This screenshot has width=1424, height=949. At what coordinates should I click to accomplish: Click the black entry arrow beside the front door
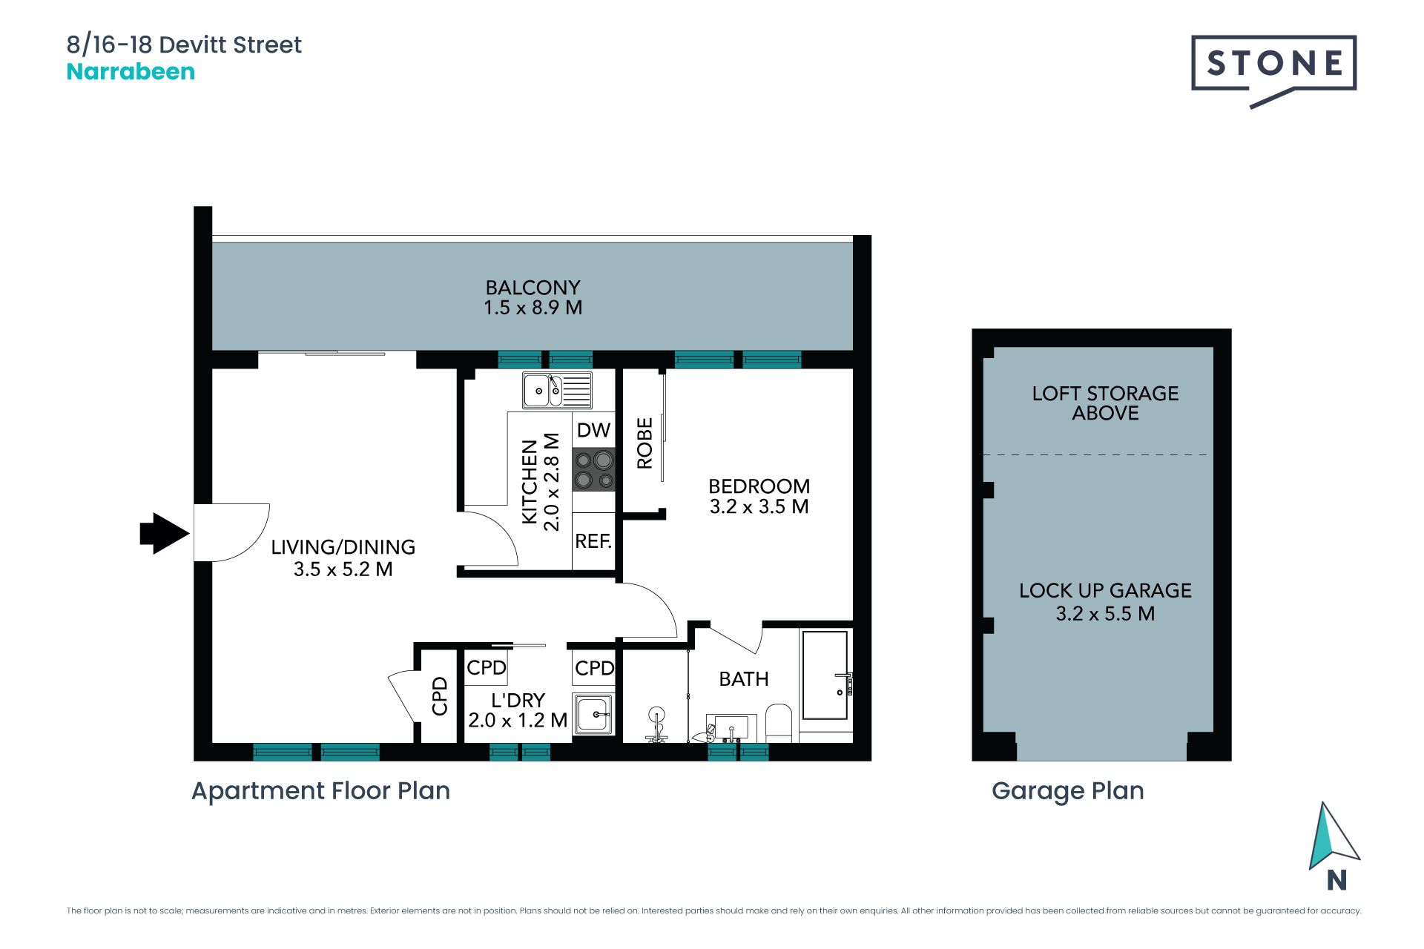click(x=164, y=533)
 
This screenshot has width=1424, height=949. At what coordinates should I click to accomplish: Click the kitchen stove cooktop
click(x=594, y=469)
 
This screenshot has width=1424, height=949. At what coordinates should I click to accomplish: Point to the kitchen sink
click(x=557, y=391)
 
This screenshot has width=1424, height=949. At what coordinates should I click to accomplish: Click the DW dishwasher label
click(x=593, y=430)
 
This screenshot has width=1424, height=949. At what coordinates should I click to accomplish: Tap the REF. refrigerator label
click(x=593, y=541)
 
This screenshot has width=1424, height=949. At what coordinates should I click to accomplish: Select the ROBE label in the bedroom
click(x=645, y=443)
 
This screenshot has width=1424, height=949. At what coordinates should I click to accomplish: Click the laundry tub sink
click(x=593, y=715)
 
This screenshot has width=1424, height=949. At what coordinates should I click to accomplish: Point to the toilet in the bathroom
click(x=779, y=723)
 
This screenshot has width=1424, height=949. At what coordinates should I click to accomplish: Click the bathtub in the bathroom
click(x=825, y=675)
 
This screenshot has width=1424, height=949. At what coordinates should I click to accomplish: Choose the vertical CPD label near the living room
click(x=440, y=695)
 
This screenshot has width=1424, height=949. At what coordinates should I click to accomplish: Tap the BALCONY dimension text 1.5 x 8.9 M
click(x=533, y=308)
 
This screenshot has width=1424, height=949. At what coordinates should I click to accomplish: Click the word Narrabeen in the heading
click(x=131, y=72)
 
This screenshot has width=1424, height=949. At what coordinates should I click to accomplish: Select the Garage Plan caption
click(x=1067, y=791)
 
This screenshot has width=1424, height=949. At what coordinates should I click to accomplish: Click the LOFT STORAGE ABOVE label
click(x=1105, y=403)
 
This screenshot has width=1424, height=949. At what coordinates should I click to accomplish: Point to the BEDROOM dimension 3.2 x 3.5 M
click(x=759, y=507)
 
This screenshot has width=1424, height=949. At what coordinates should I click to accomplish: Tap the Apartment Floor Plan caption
click(x=320, y=791)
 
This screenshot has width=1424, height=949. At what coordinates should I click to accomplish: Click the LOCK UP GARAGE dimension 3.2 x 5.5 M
click(x=1105, y=614)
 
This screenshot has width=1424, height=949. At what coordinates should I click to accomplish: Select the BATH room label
click(x=744, y=679)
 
